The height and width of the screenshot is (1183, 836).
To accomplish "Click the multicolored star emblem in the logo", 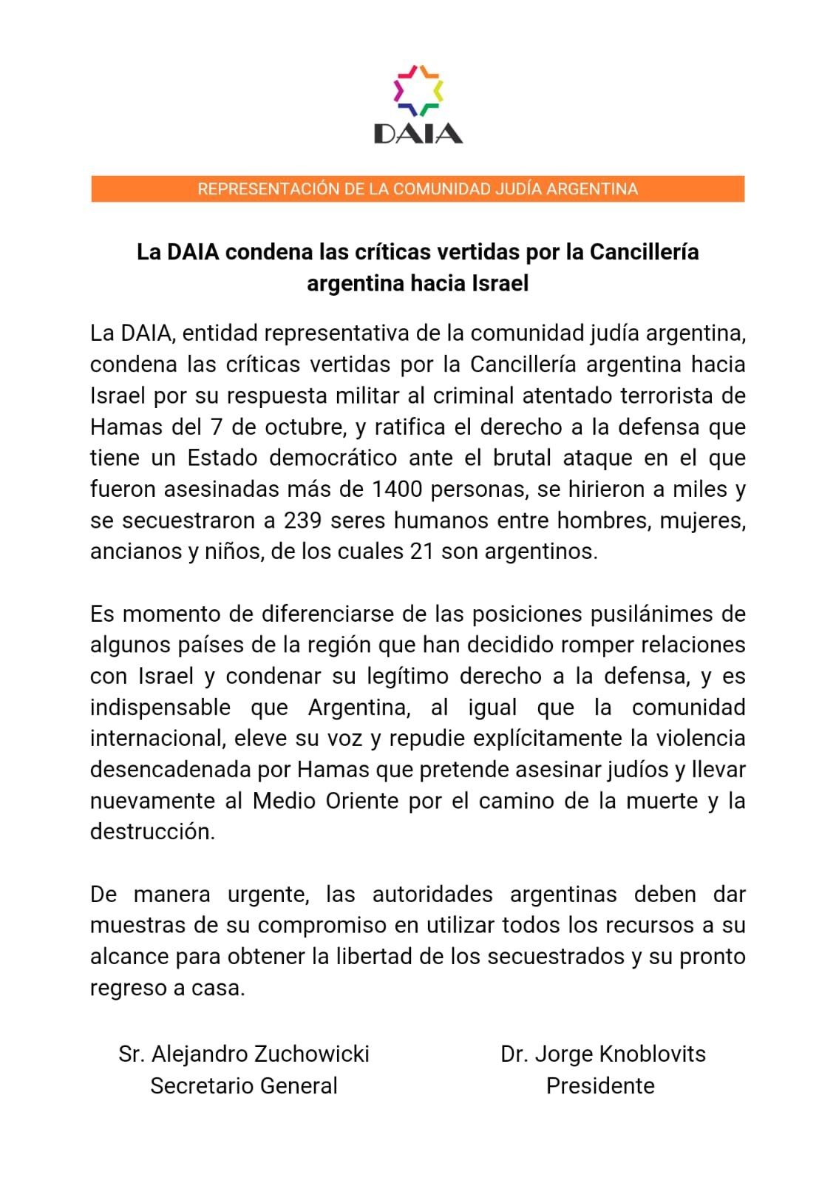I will [418, 90].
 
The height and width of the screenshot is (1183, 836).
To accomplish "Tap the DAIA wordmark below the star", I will [418, 134].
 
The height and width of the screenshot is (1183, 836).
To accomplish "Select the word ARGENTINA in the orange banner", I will [591, 189].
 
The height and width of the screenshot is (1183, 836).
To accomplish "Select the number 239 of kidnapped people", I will [303, 521].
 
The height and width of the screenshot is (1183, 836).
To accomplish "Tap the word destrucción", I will [152, 832].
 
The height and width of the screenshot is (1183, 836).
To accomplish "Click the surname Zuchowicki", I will [311, 1054].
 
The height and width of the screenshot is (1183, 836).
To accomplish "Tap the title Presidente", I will [600, 1086].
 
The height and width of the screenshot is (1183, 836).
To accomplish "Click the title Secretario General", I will [244, 1086].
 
